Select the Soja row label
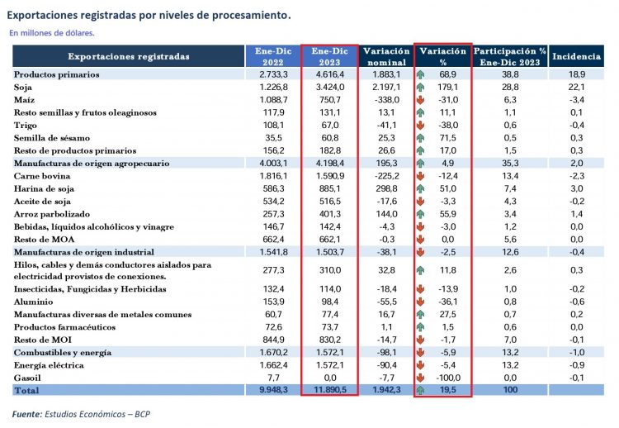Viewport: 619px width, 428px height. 25,87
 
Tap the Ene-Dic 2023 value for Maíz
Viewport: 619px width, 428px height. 329,99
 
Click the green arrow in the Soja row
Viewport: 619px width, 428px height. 421,87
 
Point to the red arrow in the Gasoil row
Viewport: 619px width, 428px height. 421,377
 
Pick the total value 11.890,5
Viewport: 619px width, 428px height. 329,389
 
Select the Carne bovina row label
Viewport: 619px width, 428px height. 42,176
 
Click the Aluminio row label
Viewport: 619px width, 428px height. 33,302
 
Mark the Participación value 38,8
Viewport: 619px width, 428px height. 510,74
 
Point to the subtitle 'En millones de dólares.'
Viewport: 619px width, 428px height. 52,34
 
